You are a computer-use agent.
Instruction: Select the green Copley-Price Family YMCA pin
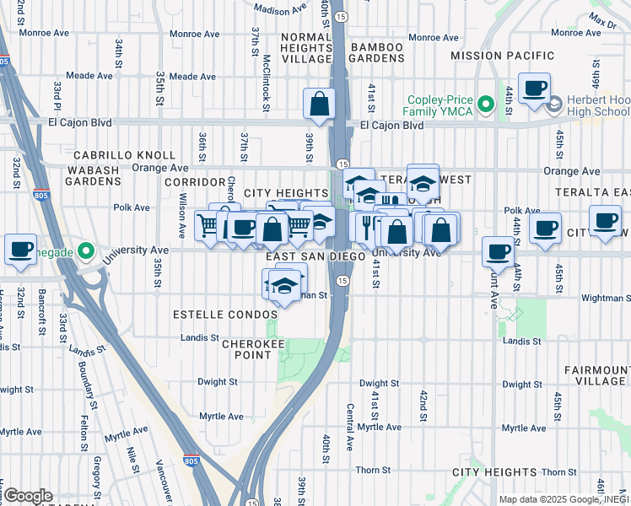tap(485, 105)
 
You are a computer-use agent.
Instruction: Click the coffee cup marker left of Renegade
tap(20, 250)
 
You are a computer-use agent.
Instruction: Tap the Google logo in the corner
tap(27, 496)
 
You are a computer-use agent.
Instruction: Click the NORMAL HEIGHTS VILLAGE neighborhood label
tap(307, 48)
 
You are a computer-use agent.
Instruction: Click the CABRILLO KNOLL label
tap(124, 156)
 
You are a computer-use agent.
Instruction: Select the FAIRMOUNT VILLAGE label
tap(594, 375)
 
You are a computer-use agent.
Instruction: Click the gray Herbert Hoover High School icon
tap(554, 105)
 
